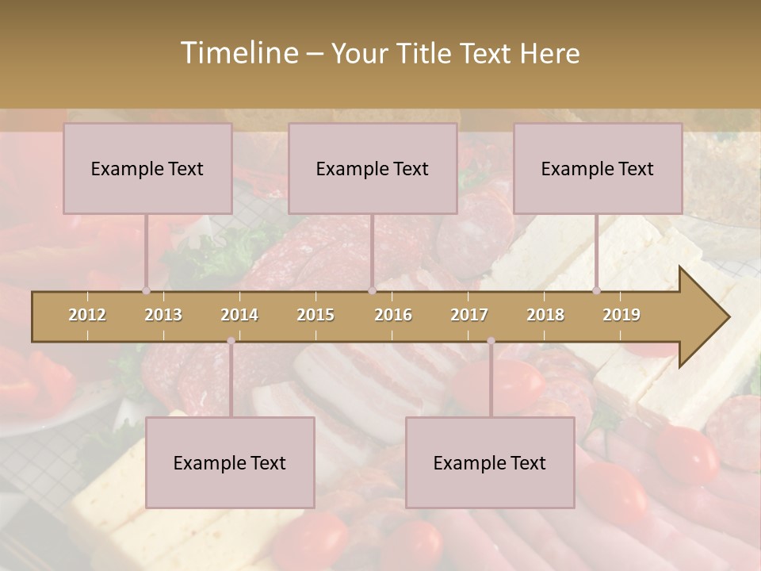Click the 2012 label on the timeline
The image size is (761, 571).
(87, 315)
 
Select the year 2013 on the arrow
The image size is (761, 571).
(163, 315)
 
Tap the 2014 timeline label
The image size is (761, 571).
(239, 315)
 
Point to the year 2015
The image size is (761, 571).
(315, 315)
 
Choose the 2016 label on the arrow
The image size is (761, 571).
(393, 315)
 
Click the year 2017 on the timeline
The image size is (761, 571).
(469, 315)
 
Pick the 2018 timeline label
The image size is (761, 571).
(545, 315)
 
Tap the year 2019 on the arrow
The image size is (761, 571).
(621, 315)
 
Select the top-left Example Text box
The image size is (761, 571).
(147, 168)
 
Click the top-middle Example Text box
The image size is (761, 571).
(373, 168)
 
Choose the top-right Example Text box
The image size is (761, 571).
(598, 168)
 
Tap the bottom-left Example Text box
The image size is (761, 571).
(230, 462)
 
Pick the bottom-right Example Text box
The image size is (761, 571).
(490, 462)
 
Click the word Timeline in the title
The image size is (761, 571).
(238, 53)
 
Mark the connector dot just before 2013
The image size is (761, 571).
(147, 291)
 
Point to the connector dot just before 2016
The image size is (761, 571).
(372, 291)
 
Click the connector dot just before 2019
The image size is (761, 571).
(597, 291)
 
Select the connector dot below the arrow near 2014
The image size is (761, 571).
(231, 341)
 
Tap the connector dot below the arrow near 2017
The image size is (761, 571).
(491, 341)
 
